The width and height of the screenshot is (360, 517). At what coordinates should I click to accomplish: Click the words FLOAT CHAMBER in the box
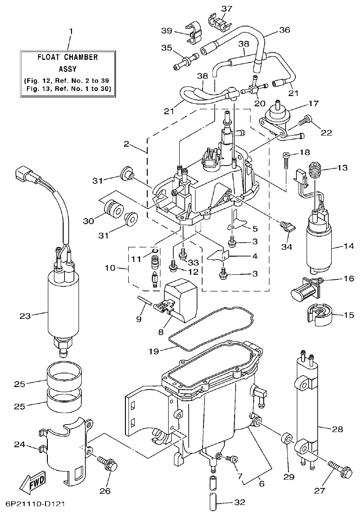click(x=68, y=58)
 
